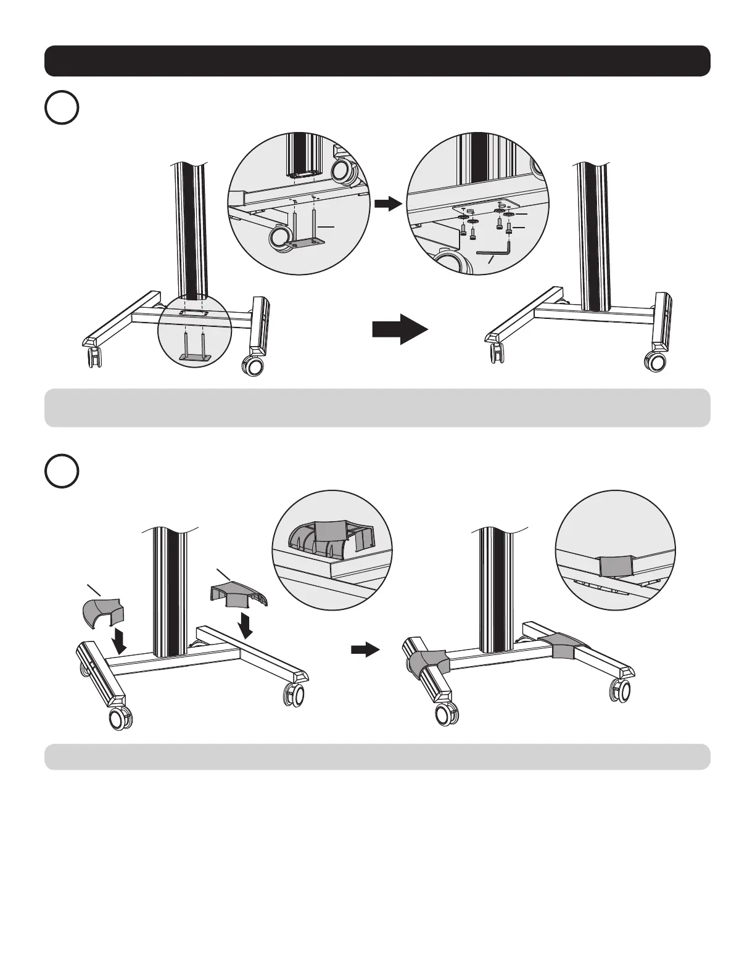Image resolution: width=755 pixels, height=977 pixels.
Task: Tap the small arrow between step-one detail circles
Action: point(387,205)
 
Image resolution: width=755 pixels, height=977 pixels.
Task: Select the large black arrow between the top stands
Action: point(400,328)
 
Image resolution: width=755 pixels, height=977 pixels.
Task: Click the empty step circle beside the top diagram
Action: point(62,108)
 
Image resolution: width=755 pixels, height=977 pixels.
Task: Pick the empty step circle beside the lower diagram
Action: point(62,471)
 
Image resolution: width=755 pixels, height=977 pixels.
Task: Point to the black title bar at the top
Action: point(377,60)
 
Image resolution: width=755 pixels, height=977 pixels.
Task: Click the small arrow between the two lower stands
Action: point(365,649)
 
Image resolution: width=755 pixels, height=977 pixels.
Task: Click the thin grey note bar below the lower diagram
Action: point(377,756)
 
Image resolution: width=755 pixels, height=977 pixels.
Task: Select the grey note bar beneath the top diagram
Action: point(377,408)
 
